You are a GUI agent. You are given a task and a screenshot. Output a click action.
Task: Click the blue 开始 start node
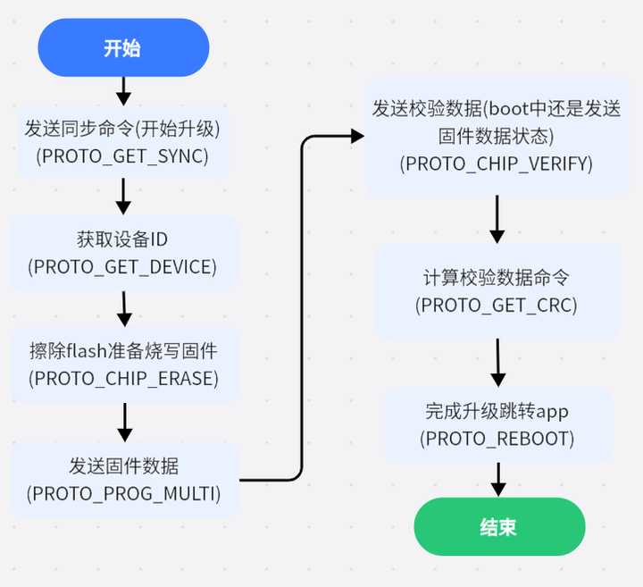pyautogui.click(x=122, y=48)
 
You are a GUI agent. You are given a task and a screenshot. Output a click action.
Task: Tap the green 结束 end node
pyautogui.click(x=498, y=527)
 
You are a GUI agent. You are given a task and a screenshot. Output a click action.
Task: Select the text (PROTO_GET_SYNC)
pyautogui.click(x=122, y=155)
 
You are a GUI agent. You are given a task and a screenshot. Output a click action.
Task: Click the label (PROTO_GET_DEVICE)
pyautogui.click(x=122, y=266)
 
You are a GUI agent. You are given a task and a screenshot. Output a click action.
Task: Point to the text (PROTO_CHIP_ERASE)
pyautogui.click(x=124, y=377)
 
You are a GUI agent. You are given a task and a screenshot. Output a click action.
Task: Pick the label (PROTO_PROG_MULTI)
pyautogui.click(x=123, y=492)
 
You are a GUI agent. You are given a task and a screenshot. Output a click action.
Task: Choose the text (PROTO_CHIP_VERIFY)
pyautogui.click(x=497, y=164)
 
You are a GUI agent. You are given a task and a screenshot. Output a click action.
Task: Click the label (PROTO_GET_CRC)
pyautogui.click(x=497, y=305)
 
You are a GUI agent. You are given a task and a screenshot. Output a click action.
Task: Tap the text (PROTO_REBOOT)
pyautogui.click(x=497, y=439)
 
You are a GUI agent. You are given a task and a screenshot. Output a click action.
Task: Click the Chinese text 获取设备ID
pyautogui.click(x=122, y=239)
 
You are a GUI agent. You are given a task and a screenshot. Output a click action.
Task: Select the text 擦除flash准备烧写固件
pyautogui.click(x=123, y=350)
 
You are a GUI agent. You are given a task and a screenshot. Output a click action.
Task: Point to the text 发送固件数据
pyautogui.click(x=123, y=465)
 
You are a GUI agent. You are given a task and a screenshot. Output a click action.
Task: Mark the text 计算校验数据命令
pyautogui.click(x=497, y=278)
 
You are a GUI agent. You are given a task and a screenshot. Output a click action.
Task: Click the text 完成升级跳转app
pyautogui.click(x=497, y=412)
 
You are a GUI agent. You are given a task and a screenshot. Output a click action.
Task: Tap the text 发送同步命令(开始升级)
pyautogui.click(x=122, y=129)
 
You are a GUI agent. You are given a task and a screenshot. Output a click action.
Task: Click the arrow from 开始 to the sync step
pyautogui.click(x=123, y=89)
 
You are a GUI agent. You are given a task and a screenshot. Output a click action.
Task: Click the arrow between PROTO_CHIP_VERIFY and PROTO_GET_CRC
pyautogui.click(x=497, y=219)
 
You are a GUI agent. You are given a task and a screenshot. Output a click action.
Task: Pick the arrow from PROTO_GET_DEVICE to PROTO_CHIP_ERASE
pyautogui.click(x=124, y=308)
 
